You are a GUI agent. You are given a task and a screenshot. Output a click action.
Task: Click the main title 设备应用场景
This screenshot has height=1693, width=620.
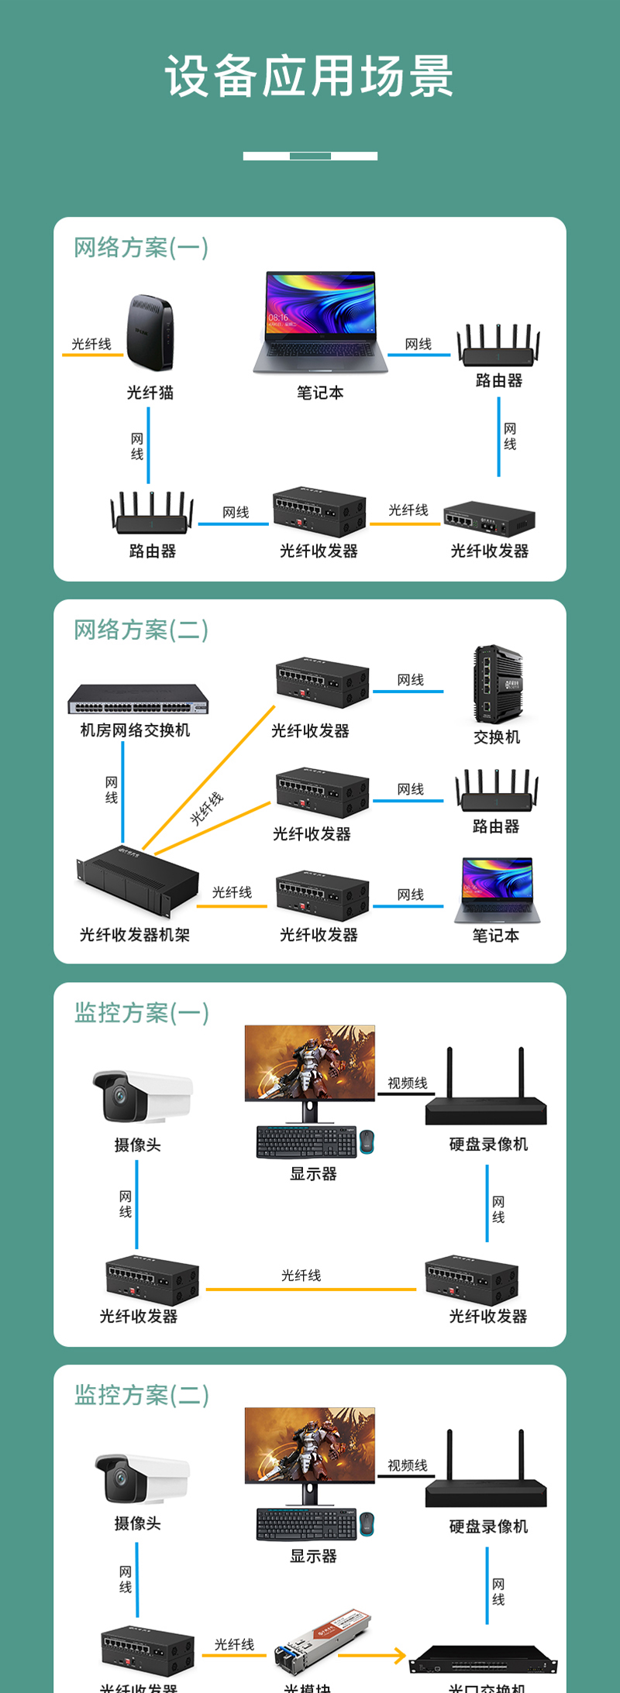click(x=309, y=77)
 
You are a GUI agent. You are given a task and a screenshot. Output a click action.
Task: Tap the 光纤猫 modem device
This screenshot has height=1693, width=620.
click(x=150, y=333)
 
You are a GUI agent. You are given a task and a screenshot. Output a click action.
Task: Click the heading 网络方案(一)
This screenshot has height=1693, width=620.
click(x=141, y=248)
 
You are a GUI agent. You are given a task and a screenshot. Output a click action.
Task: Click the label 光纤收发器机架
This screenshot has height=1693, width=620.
click(x=135, y=935)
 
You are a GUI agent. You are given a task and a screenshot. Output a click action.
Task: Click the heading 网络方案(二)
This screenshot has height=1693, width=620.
click(x=141, y=630)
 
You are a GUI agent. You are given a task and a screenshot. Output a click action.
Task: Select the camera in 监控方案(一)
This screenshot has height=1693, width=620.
click(x=141, y=1096)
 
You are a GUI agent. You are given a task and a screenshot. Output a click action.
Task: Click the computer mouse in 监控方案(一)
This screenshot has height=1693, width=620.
click(x=367, y=1142)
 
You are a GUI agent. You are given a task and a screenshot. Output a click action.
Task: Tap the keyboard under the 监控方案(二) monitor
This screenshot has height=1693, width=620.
click(x=306, y=1524)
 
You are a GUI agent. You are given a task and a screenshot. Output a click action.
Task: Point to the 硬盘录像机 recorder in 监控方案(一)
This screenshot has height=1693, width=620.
click(x=486, y=1100)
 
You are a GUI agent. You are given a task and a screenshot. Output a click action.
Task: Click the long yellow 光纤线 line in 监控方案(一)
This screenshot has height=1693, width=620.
click(x=311, y=1289)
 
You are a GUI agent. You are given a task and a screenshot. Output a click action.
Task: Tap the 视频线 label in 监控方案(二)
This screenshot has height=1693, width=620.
click(x=408, y=1465)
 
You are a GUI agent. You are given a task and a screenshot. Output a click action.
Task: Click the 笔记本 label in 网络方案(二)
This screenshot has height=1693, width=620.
click(x=496, y=936)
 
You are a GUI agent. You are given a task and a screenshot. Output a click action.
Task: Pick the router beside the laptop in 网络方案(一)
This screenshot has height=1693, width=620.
click(x=498, y=346)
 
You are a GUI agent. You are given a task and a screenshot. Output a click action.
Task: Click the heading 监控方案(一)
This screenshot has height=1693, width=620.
click(x=142, y=1013)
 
